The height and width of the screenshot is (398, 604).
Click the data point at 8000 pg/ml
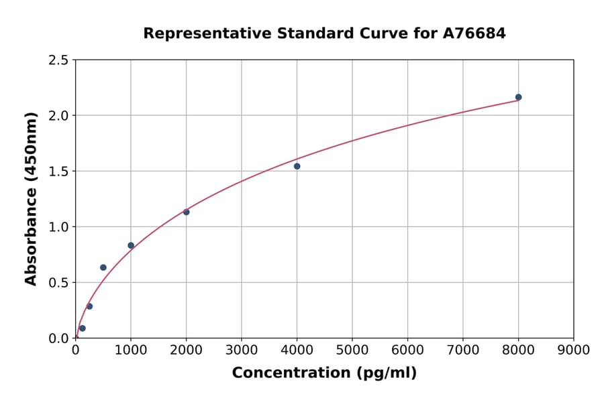(x=518, y=97)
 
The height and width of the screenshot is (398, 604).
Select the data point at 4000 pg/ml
(x=297, y=166)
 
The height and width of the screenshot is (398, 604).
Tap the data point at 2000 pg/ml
(x=186, y=212)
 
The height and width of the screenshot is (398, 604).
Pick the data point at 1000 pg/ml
(x=131, y=245)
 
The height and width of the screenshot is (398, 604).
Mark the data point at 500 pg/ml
(x=103, y=267)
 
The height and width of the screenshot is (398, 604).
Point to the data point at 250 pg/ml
(x=89, y=306)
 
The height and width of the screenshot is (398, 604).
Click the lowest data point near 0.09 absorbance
(x=83, y=328)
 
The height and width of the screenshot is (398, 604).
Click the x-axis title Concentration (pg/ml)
(x=324, y=373)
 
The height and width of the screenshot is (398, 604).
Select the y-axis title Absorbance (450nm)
(x=31, y=198)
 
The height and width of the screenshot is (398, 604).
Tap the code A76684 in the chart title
(x=474, y=33)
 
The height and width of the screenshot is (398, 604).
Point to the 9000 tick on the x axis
(x=573, y=350)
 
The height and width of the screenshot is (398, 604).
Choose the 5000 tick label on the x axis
(x=352, y=350)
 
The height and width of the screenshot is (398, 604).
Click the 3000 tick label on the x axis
(x=241, y=350)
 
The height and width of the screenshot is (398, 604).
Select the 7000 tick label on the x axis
(x=462, y=350)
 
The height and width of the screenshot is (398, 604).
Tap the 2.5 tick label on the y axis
(x=58, y=60)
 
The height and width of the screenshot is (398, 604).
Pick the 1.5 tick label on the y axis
(x=58, y=172)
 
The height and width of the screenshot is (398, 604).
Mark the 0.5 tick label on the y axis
(x=58, y=283)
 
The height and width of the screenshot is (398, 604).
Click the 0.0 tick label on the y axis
(x=58, y=338)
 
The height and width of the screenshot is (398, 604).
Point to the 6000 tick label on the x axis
(x=407, y=350)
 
